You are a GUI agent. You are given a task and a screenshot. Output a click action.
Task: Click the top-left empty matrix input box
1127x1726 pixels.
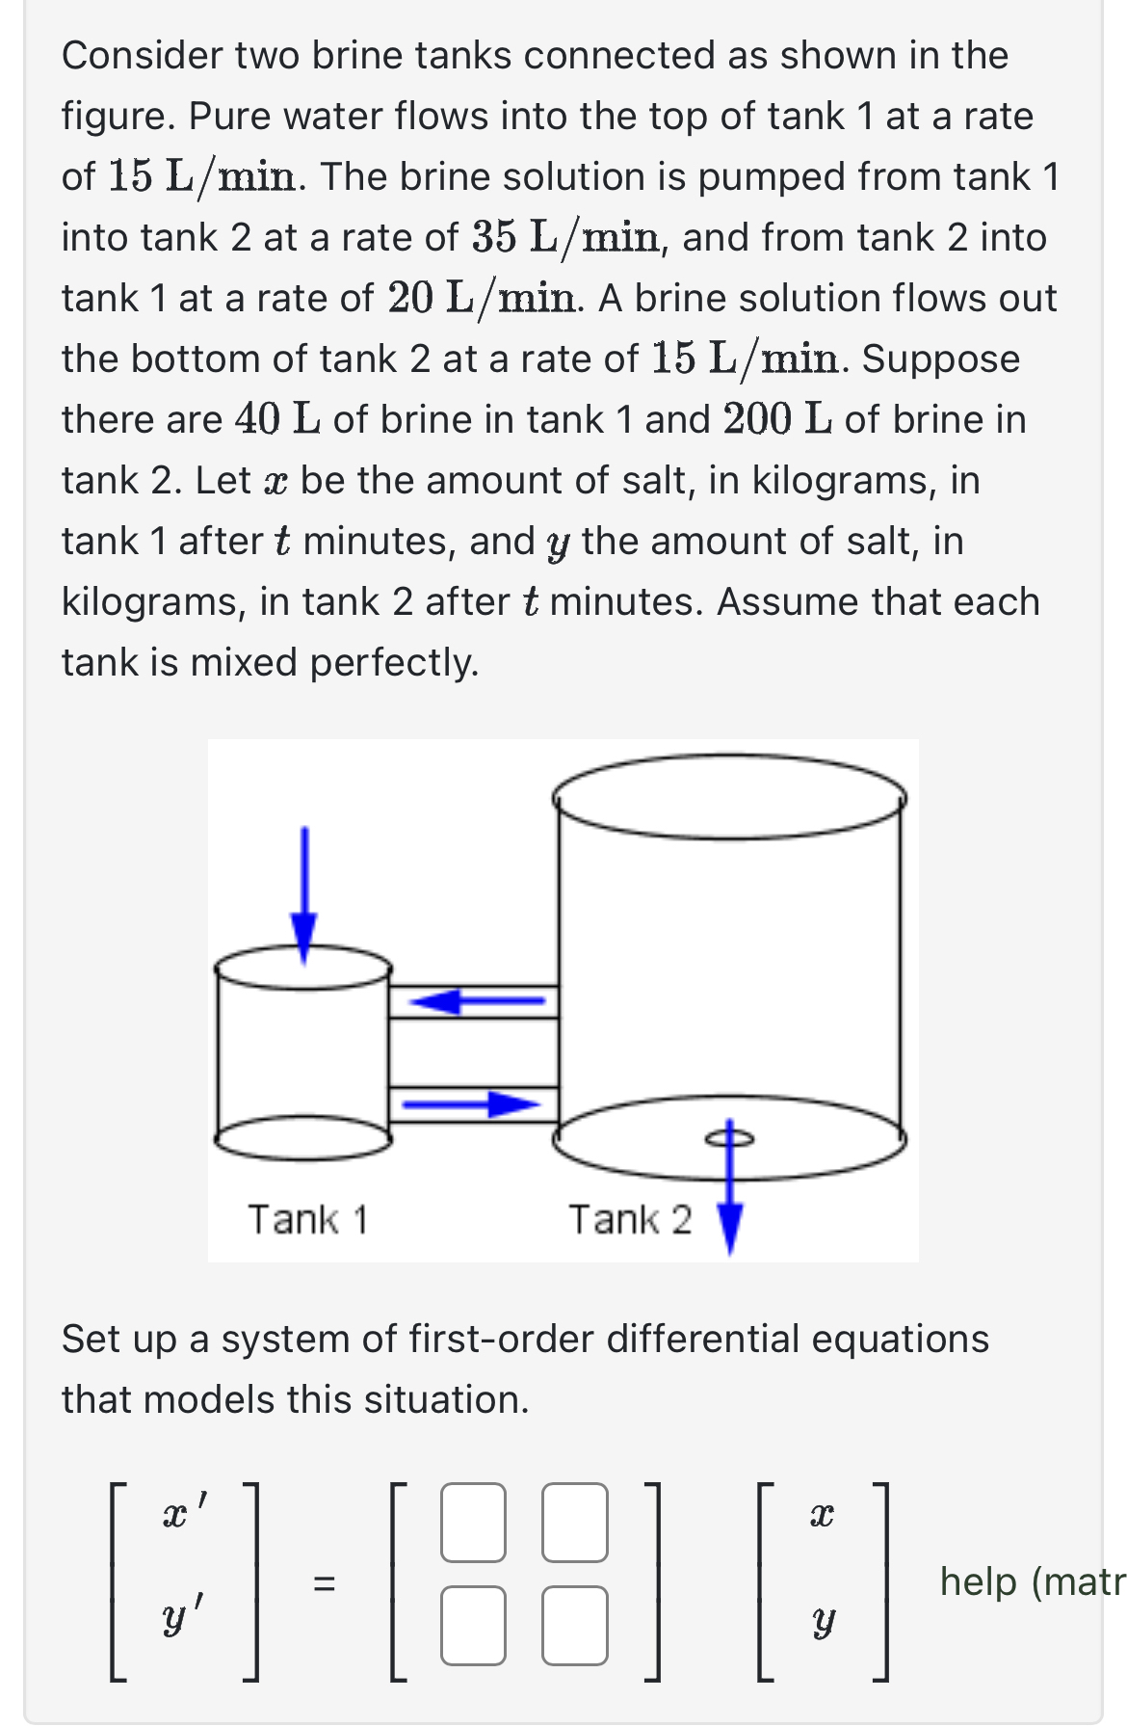473,1522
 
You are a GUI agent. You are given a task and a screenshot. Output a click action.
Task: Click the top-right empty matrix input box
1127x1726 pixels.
574,1522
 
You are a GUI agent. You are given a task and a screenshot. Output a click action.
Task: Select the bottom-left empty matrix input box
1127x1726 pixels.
473,1625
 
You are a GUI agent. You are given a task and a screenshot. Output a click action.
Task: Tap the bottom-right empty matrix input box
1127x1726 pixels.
574,1625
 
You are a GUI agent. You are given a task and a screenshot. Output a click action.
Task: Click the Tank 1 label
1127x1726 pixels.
308,1219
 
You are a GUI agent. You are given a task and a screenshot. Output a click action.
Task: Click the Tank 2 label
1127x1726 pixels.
629,1219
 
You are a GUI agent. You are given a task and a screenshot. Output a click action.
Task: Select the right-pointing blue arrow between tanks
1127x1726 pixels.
471,1103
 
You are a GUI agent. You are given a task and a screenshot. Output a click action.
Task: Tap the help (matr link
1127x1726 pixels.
1031,1581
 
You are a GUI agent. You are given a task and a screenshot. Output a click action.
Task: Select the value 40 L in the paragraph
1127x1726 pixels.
277,419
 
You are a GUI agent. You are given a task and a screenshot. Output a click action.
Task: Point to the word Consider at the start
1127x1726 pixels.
143,56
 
